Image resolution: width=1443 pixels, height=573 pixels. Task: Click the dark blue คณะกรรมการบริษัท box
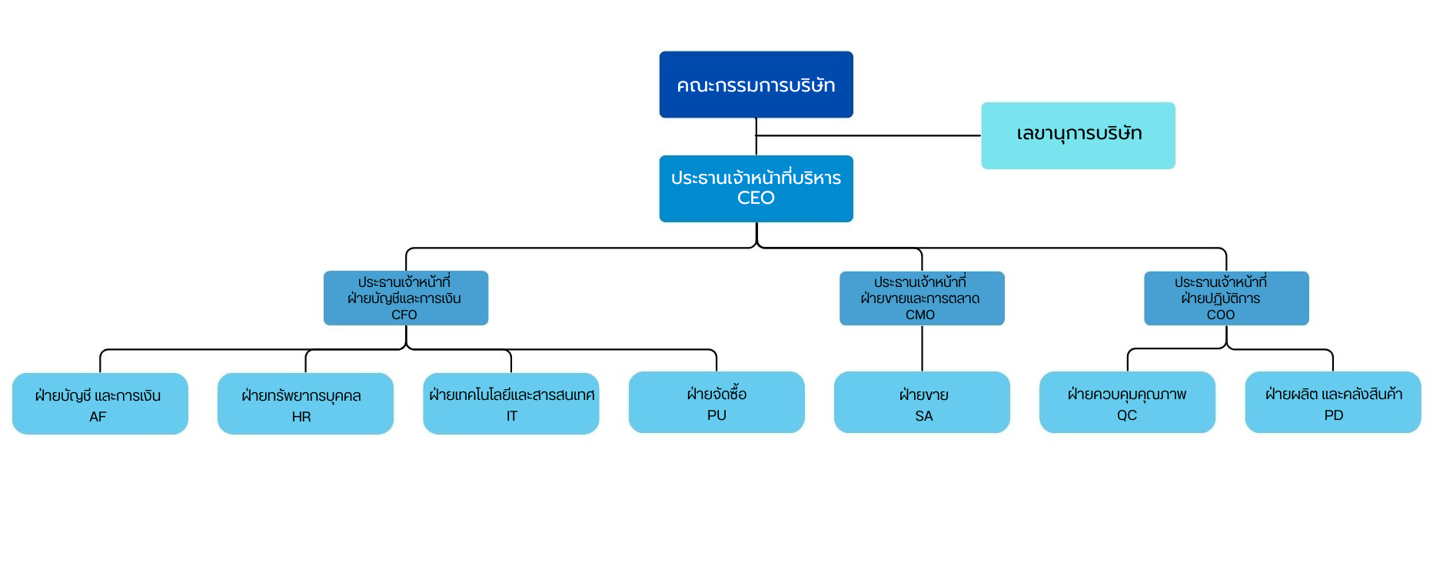(756, 85)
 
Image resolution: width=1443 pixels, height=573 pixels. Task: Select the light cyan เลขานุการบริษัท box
(1078, 135)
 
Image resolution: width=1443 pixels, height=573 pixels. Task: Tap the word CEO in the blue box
(756, 198)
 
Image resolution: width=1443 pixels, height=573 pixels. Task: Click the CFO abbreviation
(404, 315)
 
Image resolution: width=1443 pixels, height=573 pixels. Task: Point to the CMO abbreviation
(920, 315)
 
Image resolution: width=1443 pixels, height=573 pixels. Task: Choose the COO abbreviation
(1221, 315)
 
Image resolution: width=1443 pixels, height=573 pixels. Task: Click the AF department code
(98, 417)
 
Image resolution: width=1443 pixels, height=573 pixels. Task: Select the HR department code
(301, 417)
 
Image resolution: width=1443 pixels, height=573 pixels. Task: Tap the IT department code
(512, 416)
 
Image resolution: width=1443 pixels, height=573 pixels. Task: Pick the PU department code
(717, 415)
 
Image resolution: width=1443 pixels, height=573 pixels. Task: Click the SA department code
(924, 416)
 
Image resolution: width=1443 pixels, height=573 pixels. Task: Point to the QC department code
(1127, 415)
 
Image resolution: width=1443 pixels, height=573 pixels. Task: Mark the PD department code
(1334, 415)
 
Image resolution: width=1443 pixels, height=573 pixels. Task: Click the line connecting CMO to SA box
(922, 348)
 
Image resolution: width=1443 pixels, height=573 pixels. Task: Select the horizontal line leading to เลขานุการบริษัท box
(869, 135)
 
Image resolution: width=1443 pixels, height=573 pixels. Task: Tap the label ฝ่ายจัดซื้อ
(717, 394)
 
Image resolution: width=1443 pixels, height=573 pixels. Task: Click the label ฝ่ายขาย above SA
(924, 395)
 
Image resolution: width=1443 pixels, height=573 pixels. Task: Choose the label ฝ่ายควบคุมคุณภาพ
(1127, 394)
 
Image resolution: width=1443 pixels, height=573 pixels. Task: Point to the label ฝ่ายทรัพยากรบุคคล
(301, 395)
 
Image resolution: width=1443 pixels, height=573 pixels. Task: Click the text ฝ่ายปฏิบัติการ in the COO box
(1221, 298)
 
